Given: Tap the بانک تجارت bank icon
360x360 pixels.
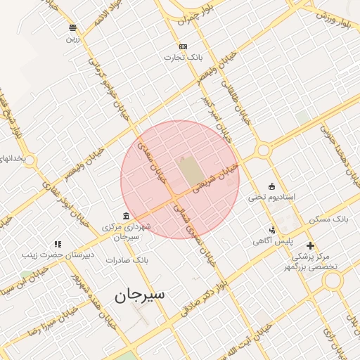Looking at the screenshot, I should tap(184, 46).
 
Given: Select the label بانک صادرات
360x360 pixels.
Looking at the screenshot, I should tap(124, 260).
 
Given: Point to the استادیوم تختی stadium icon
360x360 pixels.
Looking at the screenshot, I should tap(272, 186).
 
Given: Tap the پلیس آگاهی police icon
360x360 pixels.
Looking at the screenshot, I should tap(272, 229).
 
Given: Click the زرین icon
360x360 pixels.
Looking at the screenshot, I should tap(72, 28).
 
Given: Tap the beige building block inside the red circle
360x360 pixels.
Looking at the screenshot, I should tap(188, 172).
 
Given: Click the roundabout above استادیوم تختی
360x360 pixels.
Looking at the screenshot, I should tap(264, 150).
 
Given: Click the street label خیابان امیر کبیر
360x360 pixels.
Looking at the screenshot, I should tap(213, 110).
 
